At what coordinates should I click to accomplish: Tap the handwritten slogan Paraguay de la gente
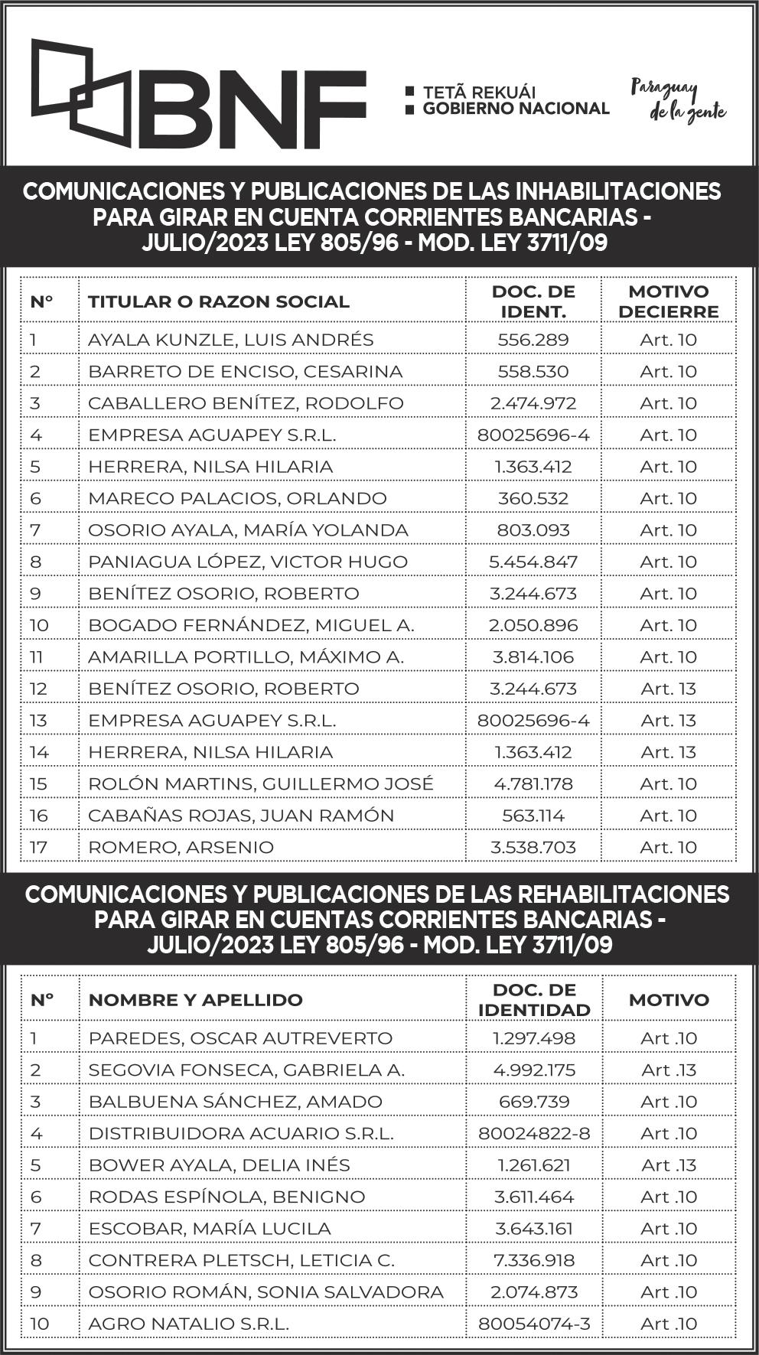tap(677, 100)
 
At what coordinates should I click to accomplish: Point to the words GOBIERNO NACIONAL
tap(516, 109)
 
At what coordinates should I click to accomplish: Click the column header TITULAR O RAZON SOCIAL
tap(218, 301)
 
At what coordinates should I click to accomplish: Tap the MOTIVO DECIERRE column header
tap(668, 301)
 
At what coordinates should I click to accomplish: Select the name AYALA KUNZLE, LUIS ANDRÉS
tap(230, 340)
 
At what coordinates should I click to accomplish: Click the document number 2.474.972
tap(533, 403)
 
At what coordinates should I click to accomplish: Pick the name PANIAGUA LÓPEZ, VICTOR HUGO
tap(247, 562)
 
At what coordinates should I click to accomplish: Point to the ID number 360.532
tap(533, 498)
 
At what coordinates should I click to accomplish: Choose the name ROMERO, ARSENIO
tap(181, 847)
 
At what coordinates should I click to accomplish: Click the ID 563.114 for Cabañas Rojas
tap(533, 816)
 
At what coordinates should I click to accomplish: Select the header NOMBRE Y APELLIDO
tap(195, 1000)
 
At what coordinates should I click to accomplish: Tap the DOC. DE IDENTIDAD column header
tap(534, 1000)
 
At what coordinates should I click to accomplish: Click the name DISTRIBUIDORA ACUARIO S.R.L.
tap(241, 1133)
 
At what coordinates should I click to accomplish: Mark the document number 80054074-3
tap(534, 1324)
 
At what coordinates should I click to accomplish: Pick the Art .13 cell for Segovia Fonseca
tap(669, 1070)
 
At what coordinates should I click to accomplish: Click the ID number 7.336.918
tap(534, 1260)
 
